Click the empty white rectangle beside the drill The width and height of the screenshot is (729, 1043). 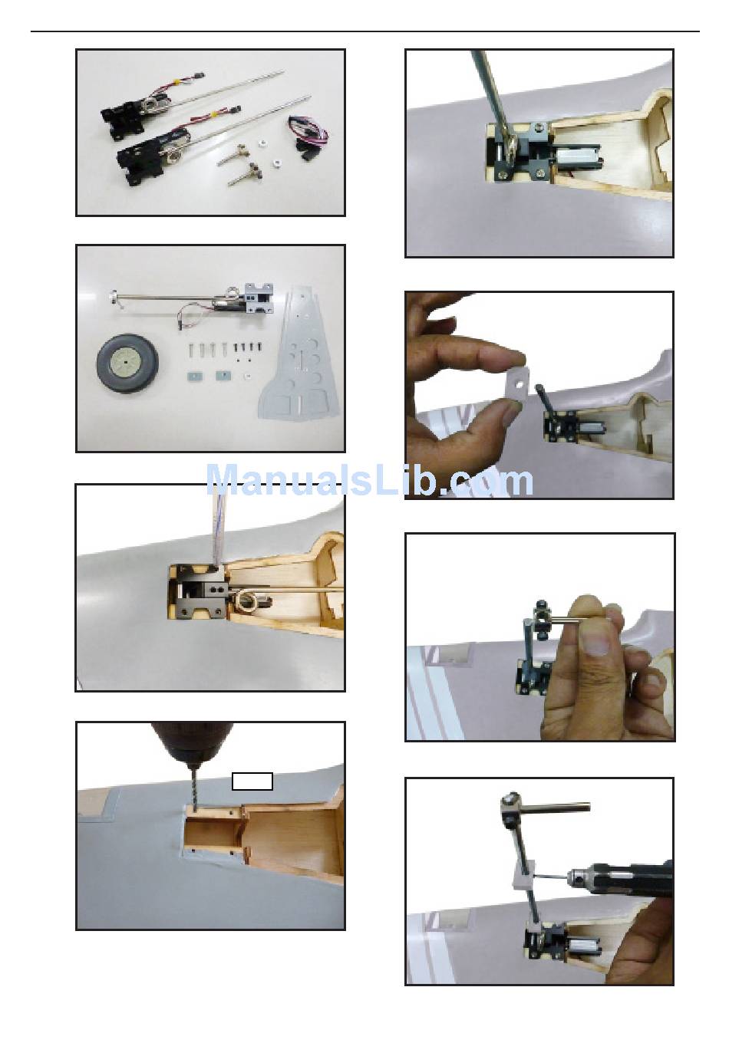point(252,781)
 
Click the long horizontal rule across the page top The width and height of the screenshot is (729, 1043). point(364,31)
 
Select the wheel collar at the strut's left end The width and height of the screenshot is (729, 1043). point(112,296)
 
